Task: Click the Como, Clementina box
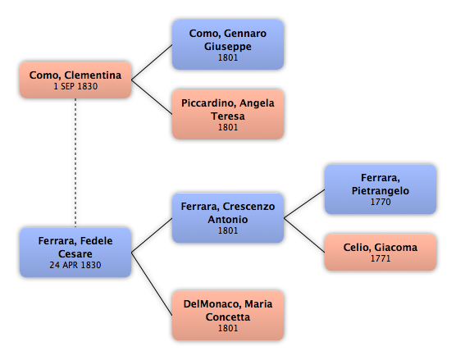[75, 80]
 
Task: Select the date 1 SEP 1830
[75, 86]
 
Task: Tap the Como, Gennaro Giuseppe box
[228, 45]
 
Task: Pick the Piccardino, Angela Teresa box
[228, 114]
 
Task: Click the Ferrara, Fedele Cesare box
[75, 253]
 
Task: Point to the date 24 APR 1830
[75, 265]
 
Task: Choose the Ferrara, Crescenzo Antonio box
[228, 218]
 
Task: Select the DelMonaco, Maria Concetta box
[228, 316]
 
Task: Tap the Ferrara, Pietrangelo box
[381, 189]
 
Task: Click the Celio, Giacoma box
[381, 252]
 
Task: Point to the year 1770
[381, 202]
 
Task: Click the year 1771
[381, 258]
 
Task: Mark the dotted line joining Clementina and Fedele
[75, 163]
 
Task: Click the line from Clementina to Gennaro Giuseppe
[152, 62]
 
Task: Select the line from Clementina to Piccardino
[152, 97]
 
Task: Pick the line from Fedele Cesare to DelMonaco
[152, 284]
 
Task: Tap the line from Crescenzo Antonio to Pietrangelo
[304, 203]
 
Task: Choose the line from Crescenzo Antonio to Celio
[304, 235]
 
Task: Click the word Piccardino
[207, 103]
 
